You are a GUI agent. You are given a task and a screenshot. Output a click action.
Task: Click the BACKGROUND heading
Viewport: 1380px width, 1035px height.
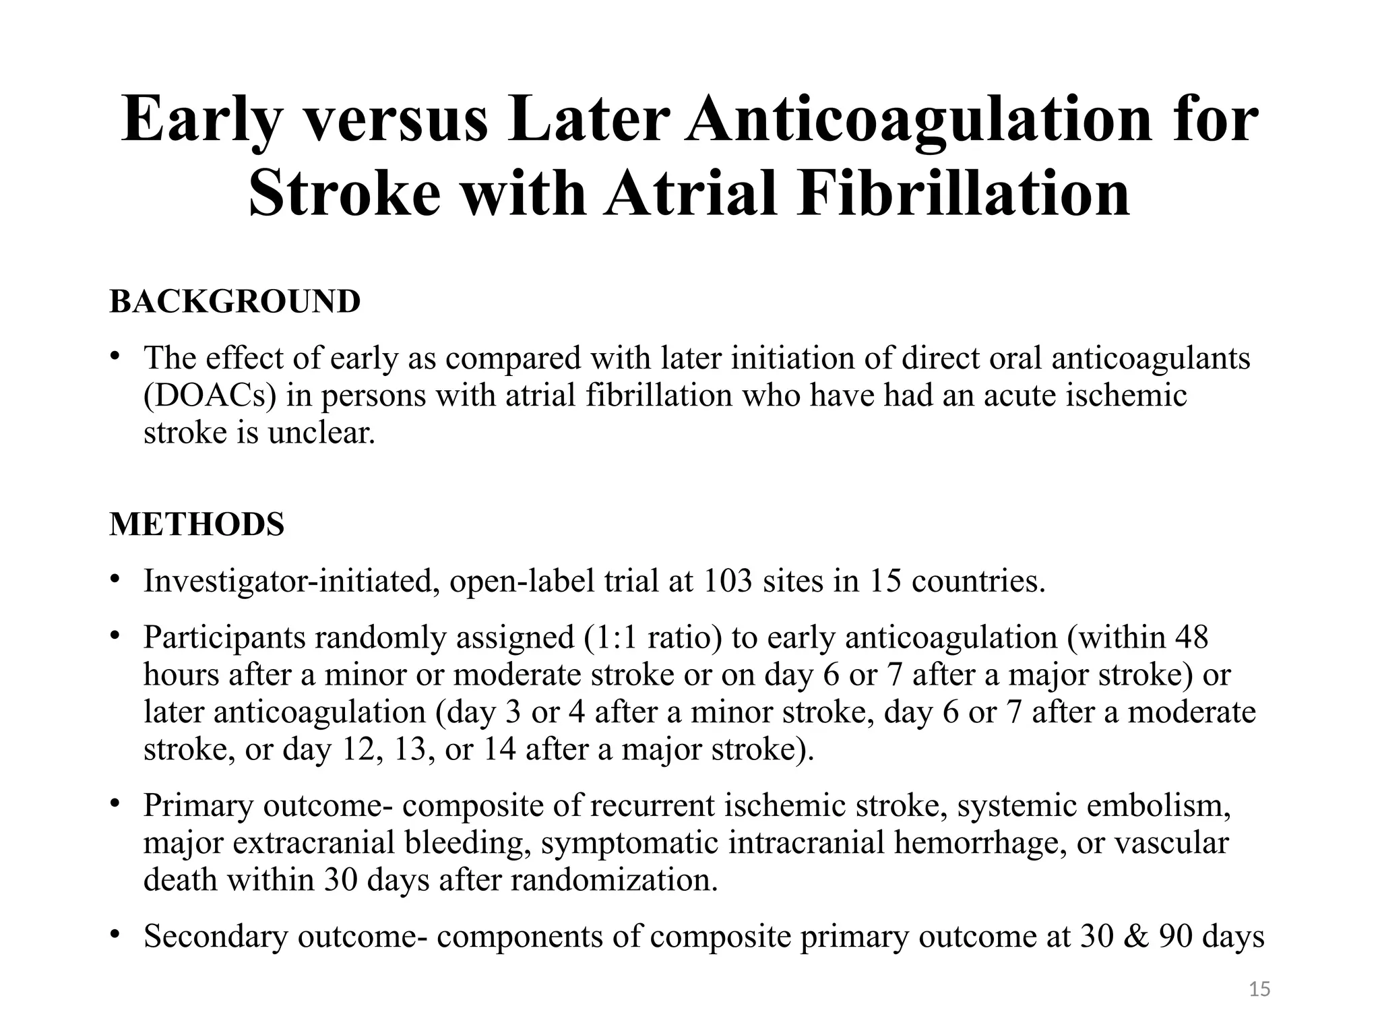pyautogui.click(x=234, y=301)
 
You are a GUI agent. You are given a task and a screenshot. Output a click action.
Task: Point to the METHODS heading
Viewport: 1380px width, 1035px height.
pyautogui.click(x=197, y=524)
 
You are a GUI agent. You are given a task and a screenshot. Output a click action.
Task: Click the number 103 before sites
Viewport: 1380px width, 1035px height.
pyautogui.click(x=727, y=582)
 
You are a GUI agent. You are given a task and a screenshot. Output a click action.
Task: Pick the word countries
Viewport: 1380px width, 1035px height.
pyautogui.click(x=978, y=582)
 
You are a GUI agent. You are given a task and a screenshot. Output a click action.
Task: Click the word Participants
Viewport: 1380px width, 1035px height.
pyautogui.click(x=225, y=637)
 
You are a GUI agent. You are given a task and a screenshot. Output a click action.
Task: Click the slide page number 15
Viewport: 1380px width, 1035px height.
pyautogui.click(x=1259, y=989)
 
